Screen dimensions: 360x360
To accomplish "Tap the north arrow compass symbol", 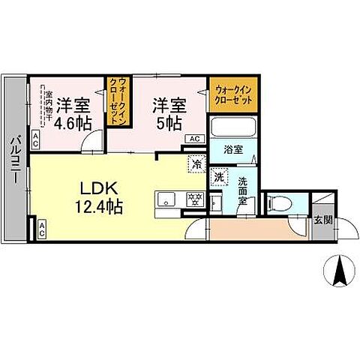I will pos(337,270).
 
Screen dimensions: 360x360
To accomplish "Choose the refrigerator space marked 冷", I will pos(196,163).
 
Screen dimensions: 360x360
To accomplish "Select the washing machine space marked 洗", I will pos(219,178).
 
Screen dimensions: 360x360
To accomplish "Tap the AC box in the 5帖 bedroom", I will pos(193,139).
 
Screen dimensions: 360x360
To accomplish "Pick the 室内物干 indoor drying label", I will pos(46,108).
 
